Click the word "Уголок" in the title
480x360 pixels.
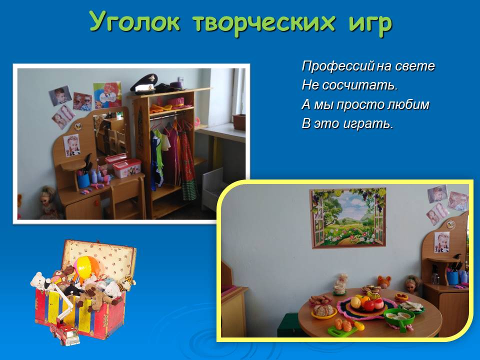[x=135, y=22]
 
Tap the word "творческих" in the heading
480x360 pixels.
[x=264, y=22]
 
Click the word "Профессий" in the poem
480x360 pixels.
[x=338, y=66]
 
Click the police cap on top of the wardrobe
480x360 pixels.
[x=143, y=83]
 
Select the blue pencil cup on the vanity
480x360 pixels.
[x=83, y=181]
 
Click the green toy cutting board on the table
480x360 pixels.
[x=342, y=331]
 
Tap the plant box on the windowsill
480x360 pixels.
[x=239, y=122]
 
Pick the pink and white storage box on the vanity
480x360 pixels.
[x=127, y=168]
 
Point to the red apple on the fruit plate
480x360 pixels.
[x=369, y=305]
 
